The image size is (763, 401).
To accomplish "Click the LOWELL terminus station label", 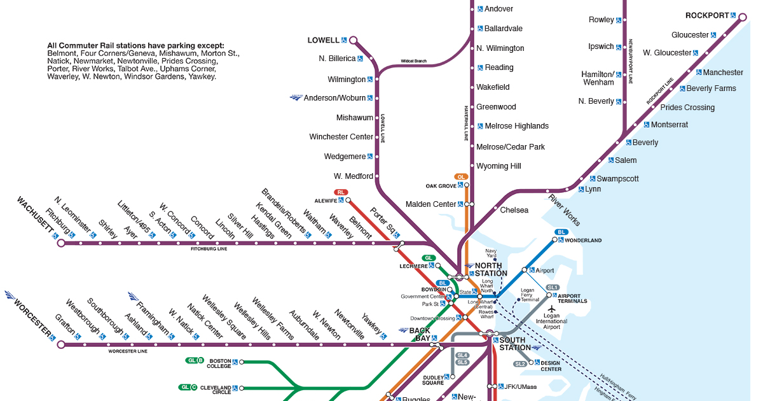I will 323,40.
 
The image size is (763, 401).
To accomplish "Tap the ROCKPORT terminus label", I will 706,15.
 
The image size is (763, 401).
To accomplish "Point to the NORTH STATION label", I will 491,269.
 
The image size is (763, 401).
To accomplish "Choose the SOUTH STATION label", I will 514,344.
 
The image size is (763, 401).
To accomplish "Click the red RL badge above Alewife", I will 341,192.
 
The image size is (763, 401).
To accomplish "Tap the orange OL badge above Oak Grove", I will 461,177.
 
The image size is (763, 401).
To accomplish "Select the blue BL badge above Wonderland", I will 561,232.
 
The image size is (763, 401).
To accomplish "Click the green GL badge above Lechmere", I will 429,258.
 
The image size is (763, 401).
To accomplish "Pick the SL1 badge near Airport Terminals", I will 552,288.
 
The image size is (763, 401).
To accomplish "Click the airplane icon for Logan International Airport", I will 551,310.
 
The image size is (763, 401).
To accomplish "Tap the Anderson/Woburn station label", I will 334,98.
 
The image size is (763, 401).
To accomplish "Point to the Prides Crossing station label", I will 687,108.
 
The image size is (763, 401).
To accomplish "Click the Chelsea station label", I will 514,210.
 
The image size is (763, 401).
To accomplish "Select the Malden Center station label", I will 430,204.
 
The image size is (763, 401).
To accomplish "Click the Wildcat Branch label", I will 413,61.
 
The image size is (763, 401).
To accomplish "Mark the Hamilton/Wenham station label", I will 598,78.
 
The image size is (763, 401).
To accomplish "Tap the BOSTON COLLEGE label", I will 219,363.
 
